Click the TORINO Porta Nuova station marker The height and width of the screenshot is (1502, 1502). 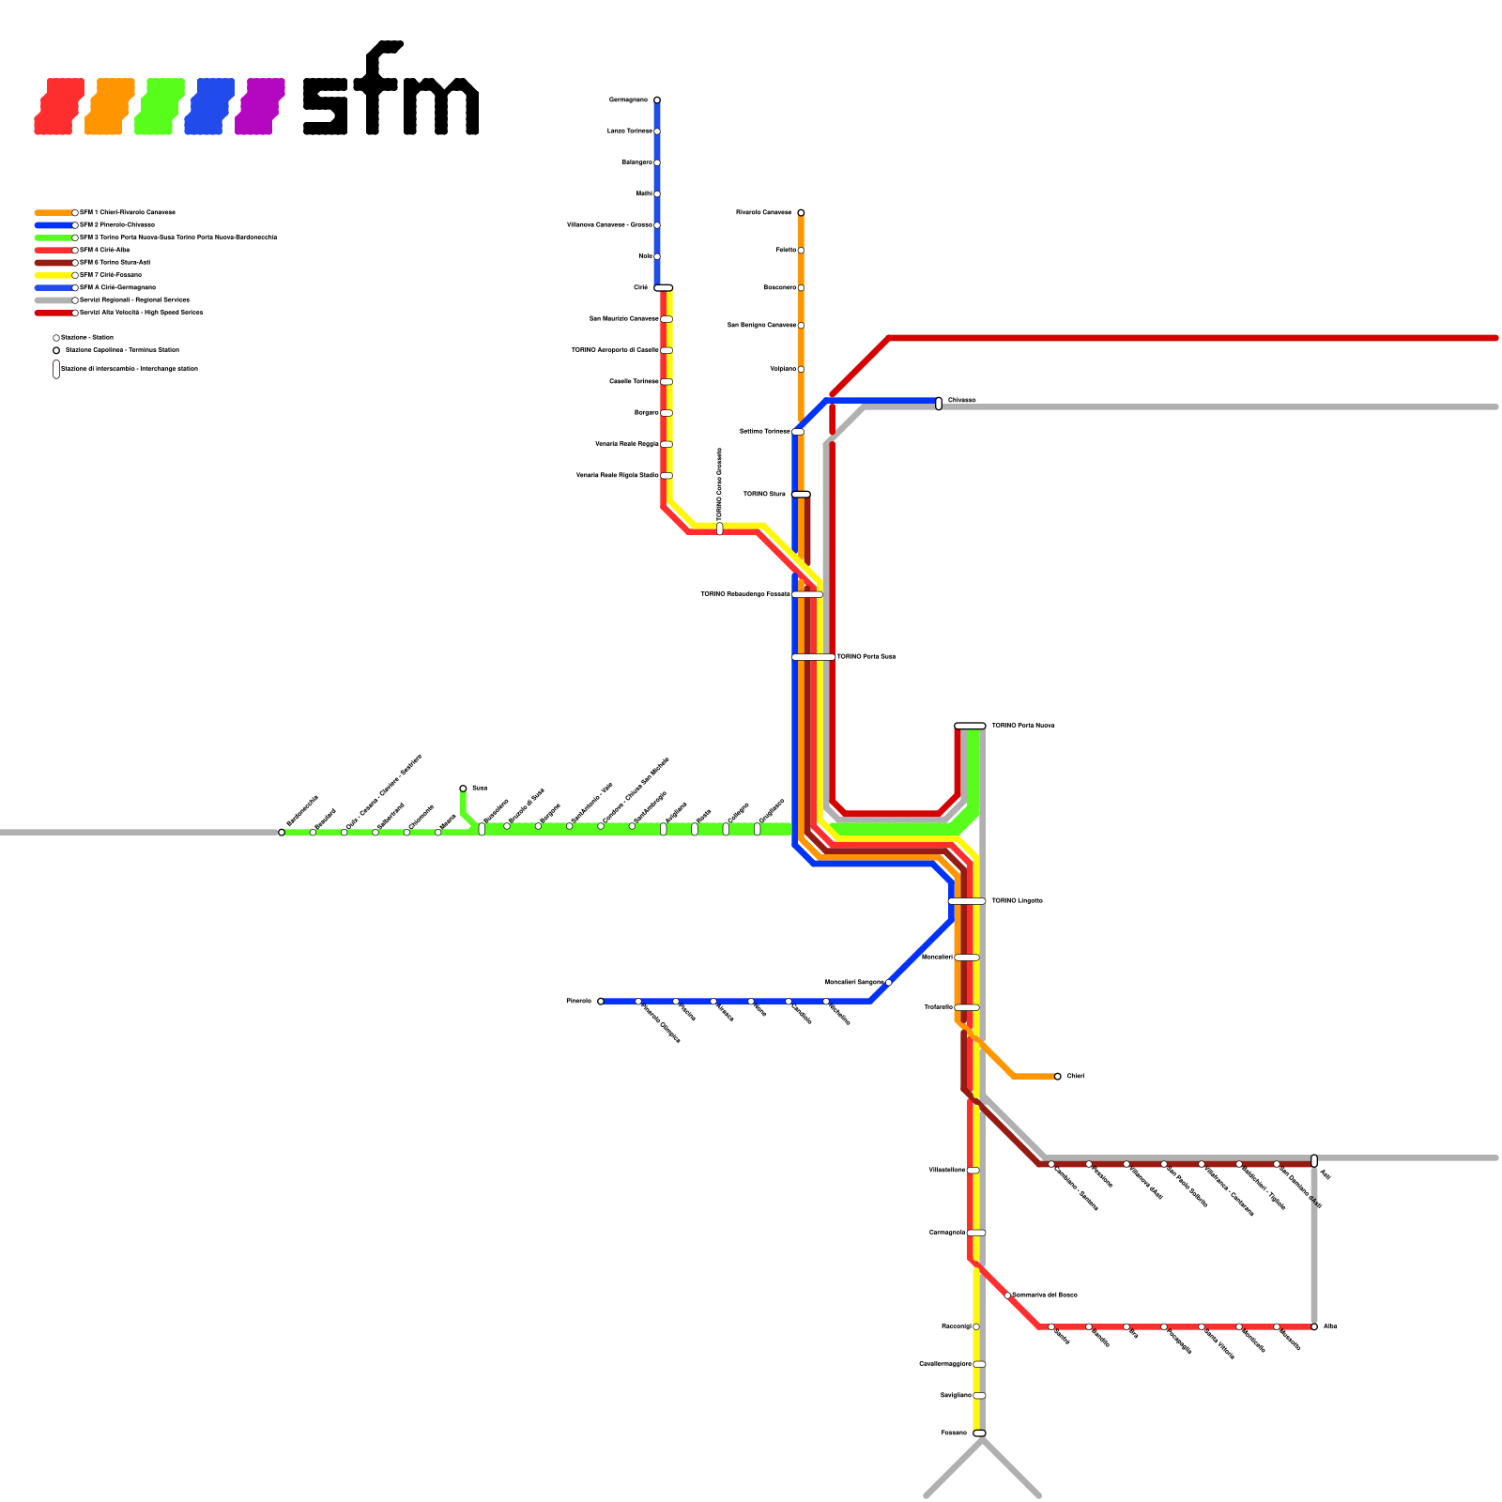pyautogui.click(x=970, y=726)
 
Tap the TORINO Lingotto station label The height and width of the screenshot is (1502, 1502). pyautogui.click(x=1017, y=900)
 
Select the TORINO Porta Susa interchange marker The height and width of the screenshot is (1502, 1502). pyautogui.click(x=813, y=657)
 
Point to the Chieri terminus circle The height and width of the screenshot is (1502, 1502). pyautogui.click(x=1058, y=1076)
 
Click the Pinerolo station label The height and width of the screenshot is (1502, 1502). pyautogui.click(x=578, y=1001)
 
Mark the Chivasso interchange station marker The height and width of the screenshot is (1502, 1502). pyautogui.click(x=939, y=404)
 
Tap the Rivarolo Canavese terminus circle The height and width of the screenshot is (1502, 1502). pyautogui.click(x=801, y=212)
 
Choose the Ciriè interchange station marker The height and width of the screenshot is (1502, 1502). pyautogui.click(x=664, y=287)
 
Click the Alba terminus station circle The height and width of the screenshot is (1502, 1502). pyautogui.click(x=1314, y=1326)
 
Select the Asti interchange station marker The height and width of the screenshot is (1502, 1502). pyautogui.click(x=1314, y=1160)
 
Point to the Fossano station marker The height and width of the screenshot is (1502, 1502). pyautogui.click(x=979, y=1433)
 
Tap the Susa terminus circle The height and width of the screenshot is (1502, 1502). pyautogui.click(x=463, y=789)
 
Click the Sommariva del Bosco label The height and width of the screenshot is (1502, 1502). pyautogui.click(x=1045, y=1295)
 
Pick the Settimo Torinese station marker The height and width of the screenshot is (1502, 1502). pyautogui.click(x=798, y=432)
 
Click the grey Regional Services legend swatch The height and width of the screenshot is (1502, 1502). pyautogui.click(x=54, y=300)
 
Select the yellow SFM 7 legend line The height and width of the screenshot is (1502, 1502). pyautogui.click(x=54, y=275)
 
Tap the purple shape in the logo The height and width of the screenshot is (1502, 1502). pyautogui.click(x=259, y=106)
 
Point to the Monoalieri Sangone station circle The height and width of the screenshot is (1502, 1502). pyautogui.click(x=889, y=982)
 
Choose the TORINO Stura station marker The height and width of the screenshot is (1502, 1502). pyautogui.click(x=801, y=494)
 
